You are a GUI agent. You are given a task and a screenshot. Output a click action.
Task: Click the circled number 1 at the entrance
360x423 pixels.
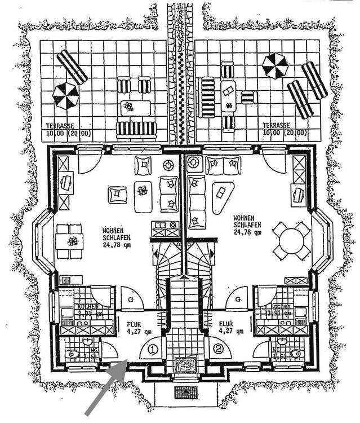pyautogui.click(x=152, y=350)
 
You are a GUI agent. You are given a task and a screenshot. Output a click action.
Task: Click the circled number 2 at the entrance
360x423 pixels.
pyautogui.click(x=219, y=349)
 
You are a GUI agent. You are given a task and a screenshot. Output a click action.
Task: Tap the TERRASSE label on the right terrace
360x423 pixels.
pyautogui.click(x=276, y=125)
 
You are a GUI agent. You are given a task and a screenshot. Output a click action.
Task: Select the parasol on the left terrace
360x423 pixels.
pyautogui.click(x=65, y=95)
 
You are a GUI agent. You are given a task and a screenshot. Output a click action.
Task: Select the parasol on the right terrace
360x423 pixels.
pyautogui.click(x=275, y=66)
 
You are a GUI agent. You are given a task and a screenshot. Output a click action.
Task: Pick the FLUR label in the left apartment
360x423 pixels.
pyautogui.click(x=132, y=325)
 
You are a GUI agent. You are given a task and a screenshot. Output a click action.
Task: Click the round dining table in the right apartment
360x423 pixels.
pyautogui.click(x=291, y=241)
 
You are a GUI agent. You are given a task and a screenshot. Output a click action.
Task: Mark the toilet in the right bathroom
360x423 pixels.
pyautogui.click(x=296, y=354)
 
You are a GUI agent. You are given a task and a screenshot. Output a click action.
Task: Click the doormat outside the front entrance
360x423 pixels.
pyautogui.click(x=185, y=392)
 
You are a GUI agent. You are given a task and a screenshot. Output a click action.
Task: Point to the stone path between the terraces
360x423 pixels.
pyautogui.click(x=180, y=73)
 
